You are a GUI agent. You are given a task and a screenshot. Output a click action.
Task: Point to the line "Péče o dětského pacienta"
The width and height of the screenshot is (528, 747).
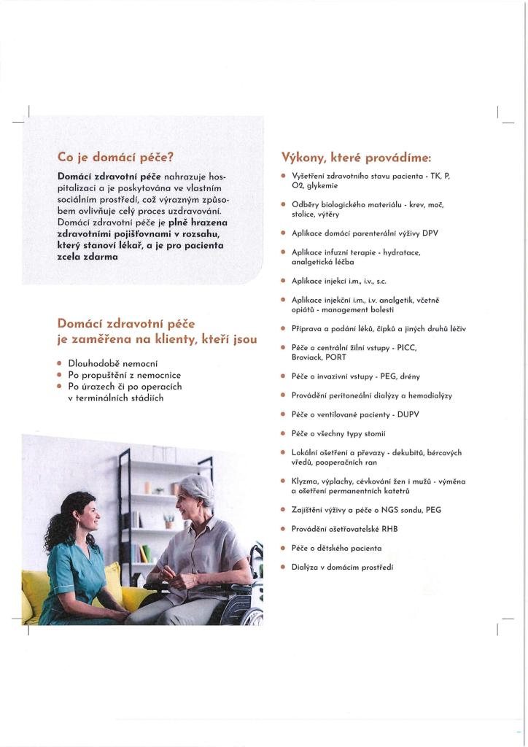point(336,547)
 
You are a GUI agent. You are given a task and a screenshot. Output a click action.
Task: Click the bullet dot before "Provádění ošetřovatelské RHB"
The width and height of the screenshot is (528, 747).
point(282,528)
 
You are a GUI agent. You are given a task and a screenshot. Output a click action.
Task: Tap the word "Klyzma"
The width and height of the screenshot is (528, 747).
point(305,481)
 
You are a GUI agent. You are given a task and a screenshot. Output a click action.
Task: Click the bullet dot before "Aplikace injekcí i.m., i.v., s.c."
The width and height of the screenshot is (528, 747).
point(282,280)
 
